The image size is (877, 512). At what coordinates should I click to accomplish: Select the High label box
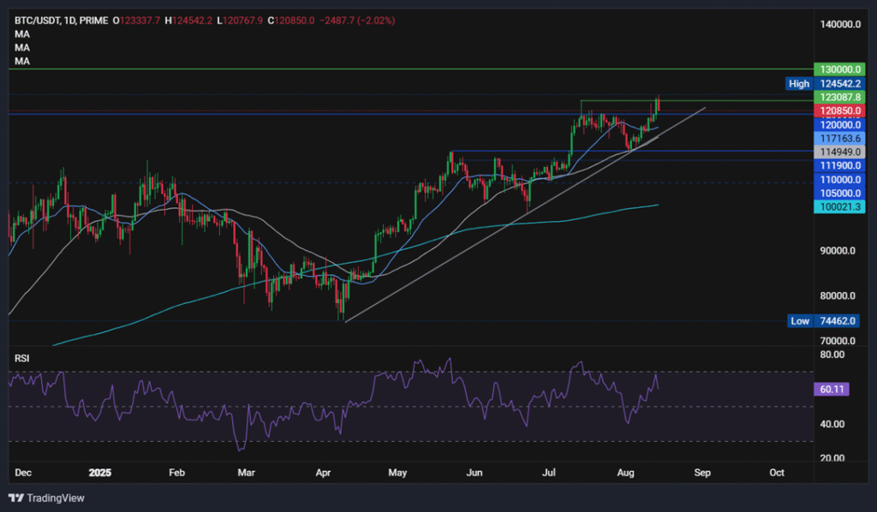[798, 84]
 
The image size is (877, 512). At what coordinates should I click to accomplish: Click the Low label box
[798, 321]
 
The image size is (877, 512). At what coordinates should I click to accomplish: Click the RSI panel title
[22, 358]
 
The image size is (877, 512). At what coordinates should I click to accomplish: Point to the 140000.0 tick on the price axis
[838, 26]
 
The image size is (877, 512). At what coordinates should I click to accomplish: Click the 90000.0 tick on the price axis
[838, 251]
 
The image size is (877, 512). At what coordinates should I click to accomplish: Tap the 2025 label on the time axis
[100, 473]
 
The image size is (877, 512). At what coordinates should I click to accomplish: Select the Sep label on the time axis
[702, 473]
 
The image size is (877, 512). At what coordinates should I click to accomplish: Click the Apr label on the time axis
[325, 473]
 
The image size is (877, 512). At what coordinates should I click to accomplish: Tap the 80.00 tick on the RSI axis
[831, 354]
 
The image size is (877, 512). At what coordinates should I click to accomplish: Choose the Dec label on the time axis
[24, 473]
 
